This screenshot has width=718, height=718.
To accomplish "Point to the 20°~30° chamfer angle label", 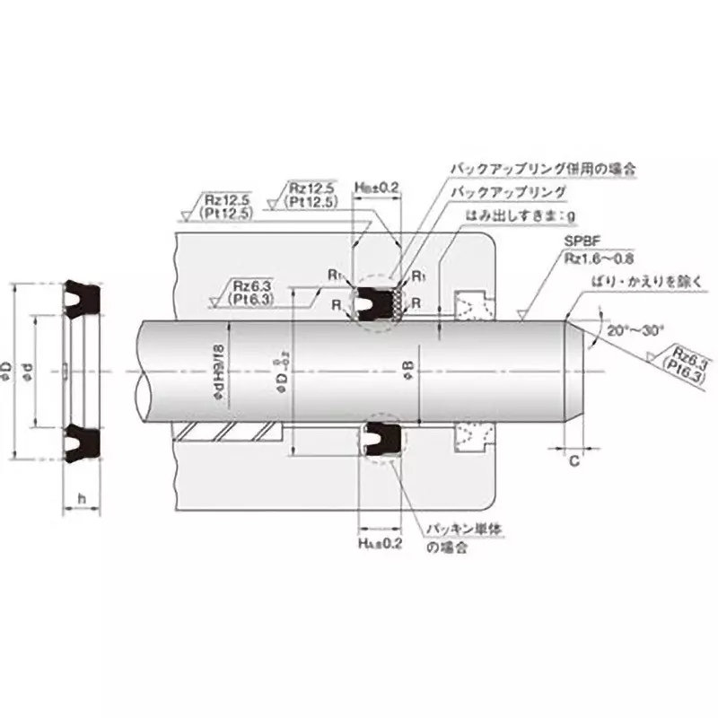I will point(635,330).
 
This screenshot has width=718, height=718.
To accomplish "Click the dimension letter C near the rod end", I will point(573,460).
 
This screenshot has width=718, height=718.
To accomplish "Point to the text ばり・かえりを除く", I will point(634,280).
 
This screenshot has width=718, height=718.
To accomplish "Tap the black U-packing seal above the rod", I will point(371,302).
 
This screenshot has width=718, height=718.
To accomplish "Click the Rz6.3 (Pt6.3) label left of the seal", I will point(252,289).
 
